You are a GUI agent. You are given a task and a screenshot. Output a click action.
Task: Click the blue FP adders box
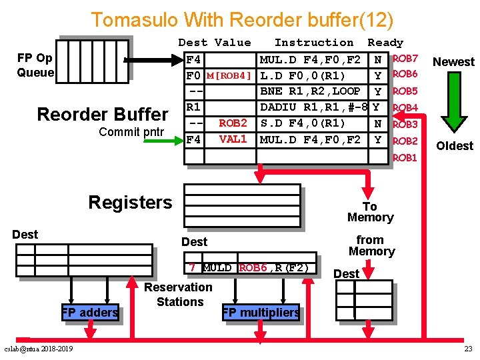tap(90, 312)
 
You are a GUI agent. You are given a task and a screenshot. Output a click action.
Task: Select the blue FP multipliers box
tap(261, 312)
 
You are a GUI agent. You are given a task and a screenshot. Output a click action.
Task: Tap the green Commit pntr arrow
tap(163, 141)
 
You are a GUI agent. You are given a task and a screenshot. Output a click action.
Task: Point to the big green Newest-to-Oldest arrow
tap(454, 102)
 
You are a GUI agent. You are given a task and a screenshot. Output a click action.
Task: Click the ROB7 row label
tap(405, 58)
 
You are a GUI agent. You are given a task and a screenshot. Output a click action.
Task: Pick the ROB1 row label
tap(405, 157)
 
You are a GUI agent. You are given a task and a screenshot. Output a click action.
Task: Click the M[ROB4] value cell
tap(229, 75)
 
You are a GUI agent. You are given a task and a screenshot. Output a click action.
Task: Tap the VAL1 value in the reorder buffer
tap(233, 139)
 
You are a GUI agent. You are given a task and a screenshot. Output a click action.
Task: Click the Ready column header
tap(385, 43)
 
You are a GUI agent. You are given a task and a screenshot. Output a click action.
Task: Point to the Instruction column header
tap(314, 42)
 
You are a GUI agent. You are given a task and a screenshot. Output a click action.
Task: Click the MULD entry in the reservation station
tap(217, 268)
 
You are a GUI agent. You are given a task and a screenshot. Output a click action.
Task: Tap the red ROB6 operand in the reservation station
tap(253, 268)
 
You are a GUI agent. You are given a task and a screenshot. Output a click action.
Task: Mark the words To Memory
tap(371, 212)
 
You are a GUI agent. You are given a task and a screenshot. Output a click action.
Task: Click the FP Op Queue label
tap(35, 65)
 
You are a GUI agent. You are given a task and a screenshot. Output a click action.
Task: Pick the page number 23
tap(469, 349)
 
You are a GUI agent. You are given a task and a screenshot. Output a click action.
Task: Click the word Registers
tap(131, 203)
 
